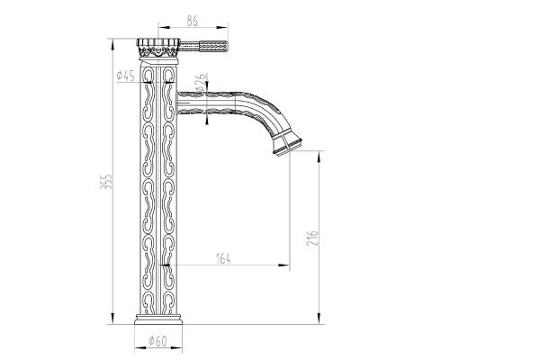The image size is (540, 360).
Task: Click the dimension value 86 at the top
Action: (192, 18)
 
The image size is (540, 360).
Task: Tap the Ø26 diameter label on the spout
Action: (200, 78)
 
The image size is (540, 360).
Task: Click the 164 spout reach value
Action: (223, 259)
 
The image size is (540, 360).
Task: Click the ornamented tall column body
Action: (159, 198)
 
